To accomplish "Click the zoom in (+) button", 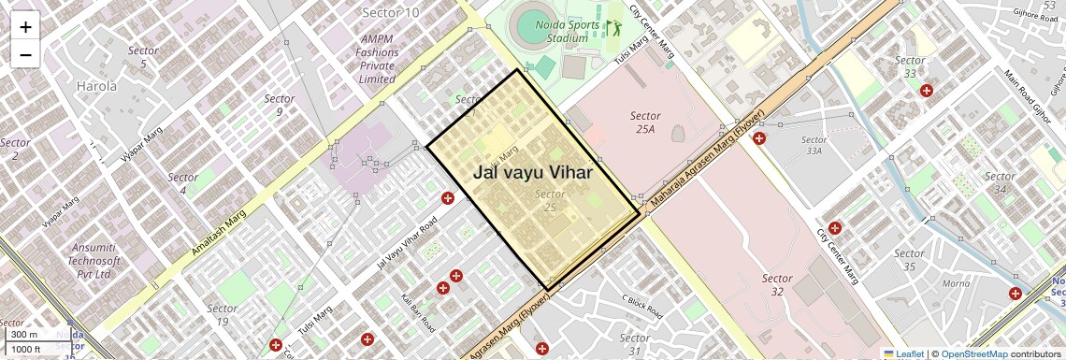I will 25,27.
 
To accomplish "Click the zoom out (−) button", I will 25,54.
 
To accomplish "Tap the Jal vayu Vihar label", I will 534,172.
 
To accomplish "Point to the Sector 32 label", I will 777,284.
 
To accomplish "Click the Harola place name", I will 96,86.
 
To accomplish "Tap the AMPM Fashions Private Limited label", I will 377,59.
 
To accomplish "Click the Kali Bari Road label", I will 418,313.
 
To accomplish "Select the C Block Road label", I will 641,305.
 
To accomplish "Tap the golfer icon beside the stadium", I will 612,29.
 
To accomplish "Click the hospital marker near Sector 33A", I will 759,138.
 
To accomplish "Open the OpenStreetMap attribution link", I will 973,353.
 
